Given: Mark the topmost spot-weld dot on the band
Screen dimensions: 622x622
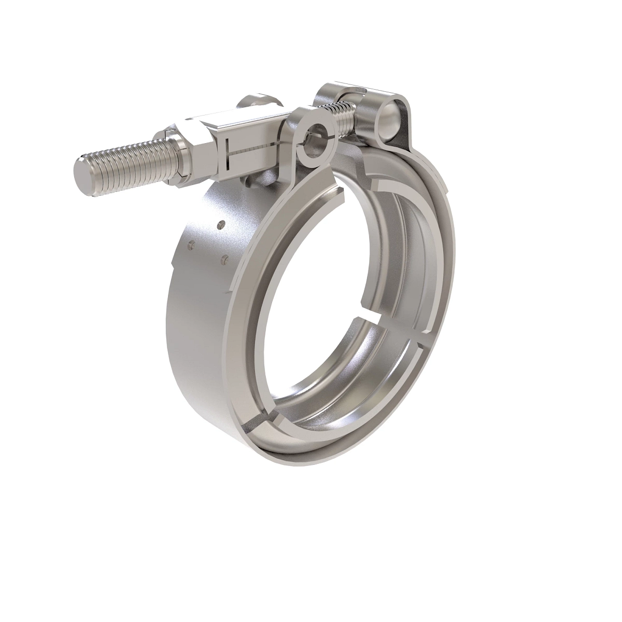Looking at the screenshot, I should (221, 224).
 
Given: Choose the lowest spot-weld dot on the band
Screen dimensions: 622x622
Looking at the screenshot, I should (224, 257).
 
